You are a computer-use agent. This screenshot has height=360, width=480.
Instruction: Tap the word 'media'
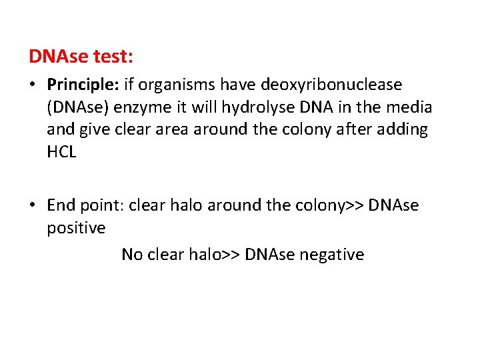click(x=412, y=107)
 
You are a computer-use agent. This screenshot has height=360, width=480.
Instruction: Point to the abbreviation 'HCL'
click(x=61, y=152)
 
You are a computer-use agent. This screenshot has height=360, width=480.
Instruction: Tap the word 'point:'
click(x=102, y=206)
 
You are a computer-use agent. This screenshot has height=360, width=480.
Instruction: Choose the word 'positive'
click(x=76, y=228)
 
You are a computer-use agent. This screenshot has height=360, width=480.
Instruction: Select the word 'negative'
click(x=332, y=255)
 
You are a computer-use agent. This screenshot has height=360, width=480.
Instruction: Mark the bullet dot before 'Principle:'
click(x=33, y=86)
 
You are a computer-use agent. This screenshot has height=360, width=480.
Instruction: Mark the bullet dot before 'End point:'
click(x=33, y=206)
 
